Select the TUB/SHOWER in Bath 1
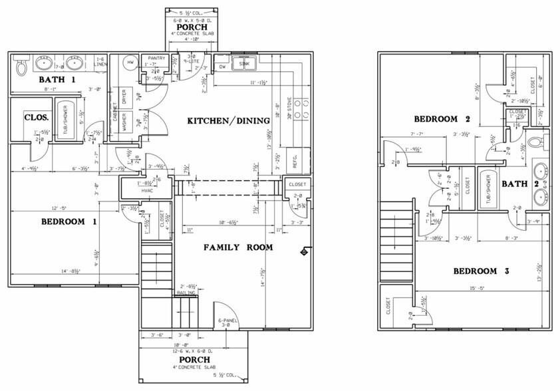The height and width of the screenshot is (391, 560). click(x=65, y=120)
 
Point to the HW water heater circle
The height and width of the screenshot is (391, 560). click(x=132, y=63)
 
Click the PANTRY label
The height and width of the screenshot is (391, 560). click(x=157, y=59)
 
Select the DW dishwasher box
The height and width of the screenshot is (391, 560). click(x=223, y=66)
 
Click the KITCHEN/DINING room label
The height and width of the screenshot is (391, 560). click(x=228, y=120)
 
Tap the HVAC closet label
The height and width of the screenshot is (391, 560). click(x=148, y=191)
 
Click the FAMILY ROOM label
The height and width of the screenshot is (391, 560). click(x=238, y=247)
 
